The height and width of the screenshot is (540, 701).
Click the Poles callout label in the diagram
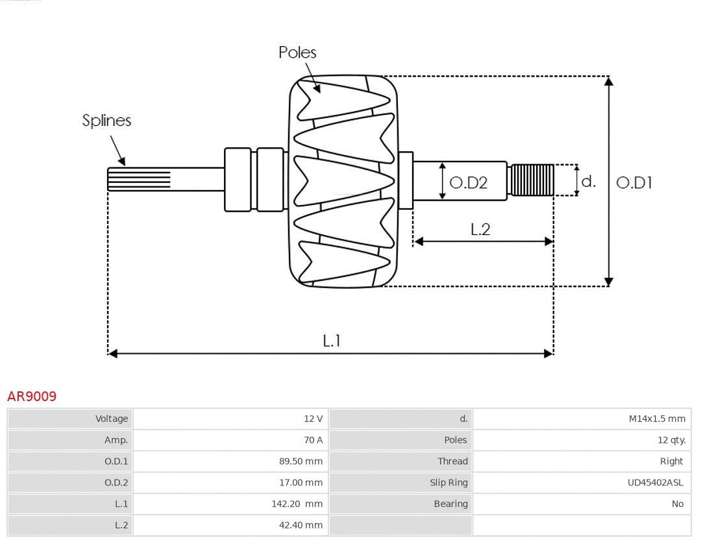(x=297, y=52)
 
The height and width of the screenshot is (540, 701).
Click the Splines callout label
(x=106, y=120)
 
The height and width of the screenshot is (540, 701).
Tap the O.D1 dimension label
(x=633, y=182)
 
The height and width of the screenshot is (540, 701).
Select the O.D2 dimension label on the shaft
(x=468, y=182)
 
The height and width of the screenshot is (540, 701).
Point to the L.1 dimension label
(x=332, y=340)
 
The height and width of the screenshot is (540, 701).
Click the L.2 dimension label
(x=480, y=228)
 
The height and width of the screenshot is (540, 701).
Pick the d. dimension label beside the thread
(x=588, y=181)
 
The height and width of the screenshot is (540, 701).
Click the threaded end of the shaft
(x=532, y=180)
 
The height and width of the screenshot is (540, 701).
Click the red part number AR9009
(x=32, y=396)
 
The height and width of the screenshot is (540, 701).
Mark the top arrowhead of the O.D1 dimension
(x=608, y=80)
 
